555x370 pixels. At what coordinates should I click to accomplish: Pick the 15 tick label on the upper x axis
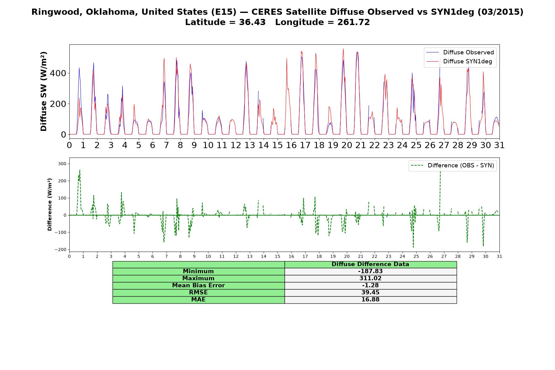[277, 145]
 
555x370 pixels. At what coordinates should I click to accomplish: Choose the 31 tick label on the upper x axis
[499, 145]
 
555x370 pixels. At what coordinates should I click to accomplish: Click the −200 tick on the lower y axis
[60, 250]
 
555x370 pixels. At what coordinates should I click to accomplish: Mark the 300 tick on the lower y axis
[62, 164]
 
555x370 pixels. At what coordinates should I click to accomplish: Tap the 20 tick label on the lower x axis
[347, 256]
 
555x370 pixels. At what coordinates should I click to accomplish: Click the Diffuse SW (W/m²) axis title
[43, 92]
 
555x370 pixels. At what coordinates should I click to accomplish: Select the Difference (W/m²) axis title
[50, 205]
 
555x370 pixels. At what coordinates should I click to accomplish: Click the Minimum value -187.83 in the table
[370, 271]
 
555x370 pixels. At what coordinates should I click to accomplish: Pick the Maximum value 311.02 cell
[370, 278]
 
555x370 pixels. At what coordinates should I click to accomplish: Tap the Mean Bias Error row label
[198, 286]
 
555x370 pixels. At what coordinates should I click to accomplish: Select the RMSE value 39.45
[370, 293]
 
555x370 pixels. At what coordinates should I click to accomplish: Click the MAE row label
[198, 300]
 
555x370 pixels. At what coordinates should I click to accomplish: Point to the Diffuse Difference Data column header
[370, 264]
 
